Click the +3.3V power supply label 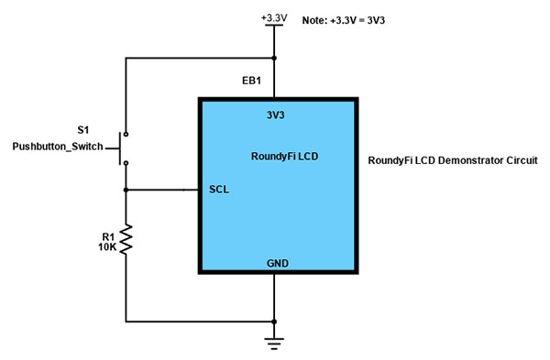(x=274, y=16)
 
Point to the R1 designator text (x=108, y=236)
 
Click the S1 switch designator (x=84, y=130)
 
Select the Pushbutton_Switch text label (x=58, y=147)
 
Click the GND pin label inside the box (x=277, y=263)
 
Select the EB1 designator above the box (x=252, y=82)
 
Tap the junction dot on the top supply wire (x=274, y=59)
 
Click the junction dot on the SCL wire (x=126, y=190)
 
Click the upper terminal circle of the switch (x=126, y=131)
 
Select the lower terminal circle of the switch (x=126, y=163)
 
